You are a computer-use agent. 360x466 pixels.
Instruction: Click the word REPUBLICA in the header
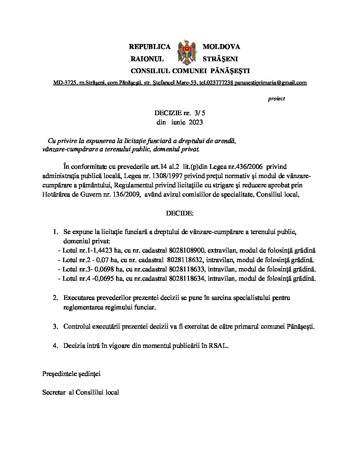tap(150, 47)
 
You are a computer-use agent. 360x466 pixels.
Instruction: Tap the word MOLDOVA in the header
tap(221, 47)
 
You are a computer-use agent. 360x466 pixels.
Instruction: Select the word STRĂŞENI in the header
tap(220, 59)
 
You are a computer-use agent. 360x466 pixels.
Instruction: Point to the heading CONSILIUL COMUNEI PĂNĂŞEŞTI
tap(190, 71)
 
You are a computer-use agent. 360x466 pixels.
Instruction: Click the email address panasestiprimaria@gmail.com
tap(271, 83)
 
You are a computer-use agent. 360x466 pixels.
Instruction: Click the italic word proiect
tap(276, 99)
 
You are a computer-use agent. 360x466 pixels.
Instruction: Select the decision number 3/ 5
tap(200, 113)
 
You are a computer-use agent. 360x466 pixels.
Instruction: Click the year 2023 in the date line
tap(196, 122)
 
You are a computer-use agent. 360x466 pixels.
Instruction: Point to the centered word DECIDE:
tap(180, 213)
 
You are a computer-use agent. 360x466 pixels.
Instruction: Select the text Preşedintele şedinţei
tap(71, 374)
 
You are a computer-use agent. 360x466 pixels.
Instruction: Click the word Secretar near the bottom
tap(54, 393)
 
